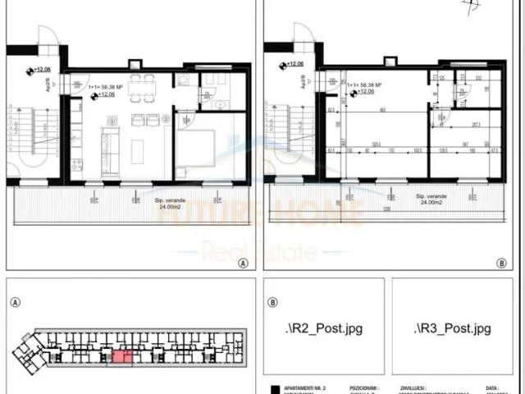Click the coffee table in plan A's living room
[x=135, y=153]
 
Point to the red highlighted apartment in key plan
[x=121, y=356]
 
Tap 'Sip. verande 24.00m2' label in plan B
[x=431, y=202]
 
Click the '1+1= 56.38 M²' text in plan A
[x=109, y=85]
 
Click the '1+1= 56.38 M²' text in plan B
[x=366, y=85]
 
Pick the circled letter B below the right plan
[x=501, y=263]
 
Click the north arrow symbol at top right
[x=469, y=7]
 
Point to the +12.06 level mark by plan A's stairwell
[x=41, y=71]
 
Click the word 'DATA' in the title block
[x=491, y=386]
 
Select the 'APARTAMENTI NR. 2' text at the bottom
[x=304, y=386]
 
